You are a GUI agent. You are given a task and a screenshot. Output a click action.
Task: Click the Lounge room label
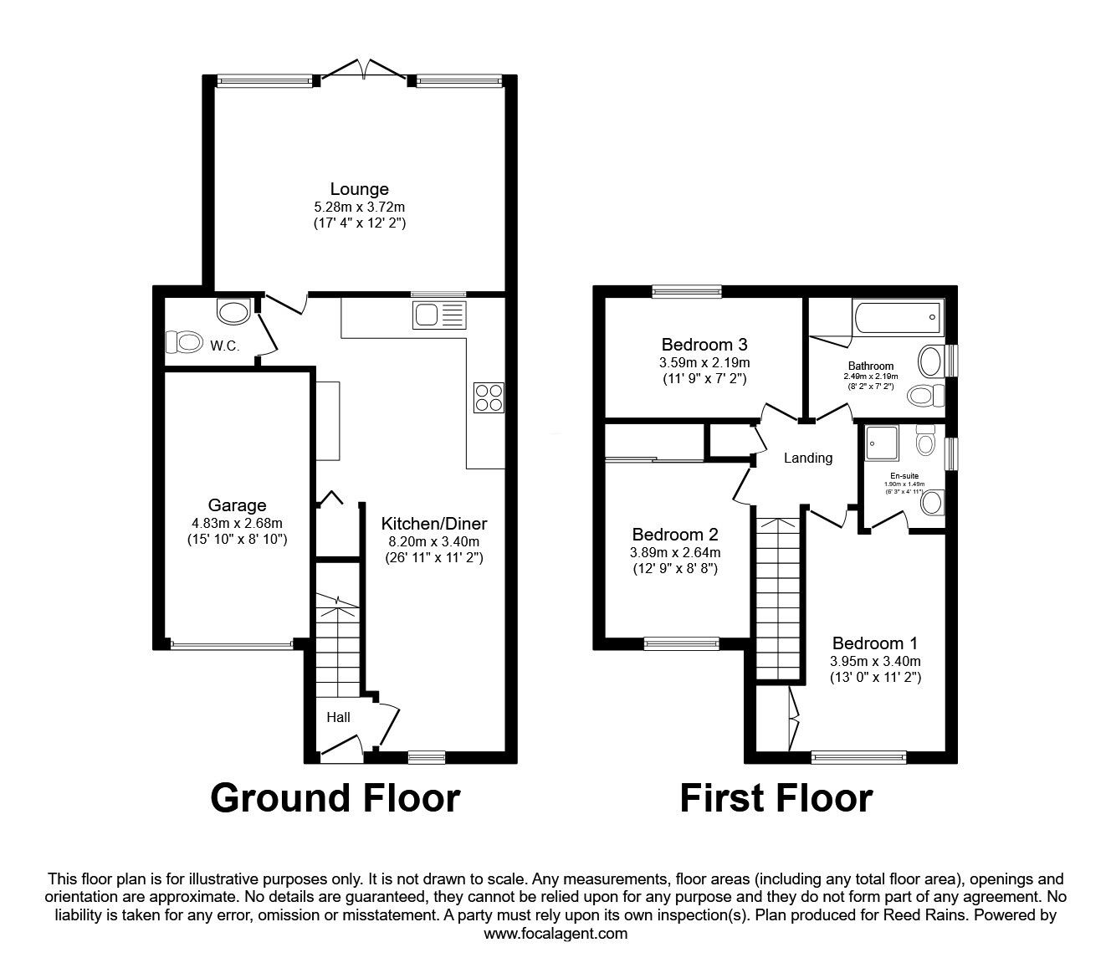[359, 189]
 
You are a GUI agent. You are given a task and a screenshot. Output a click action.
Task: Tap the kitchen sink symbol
[438, 315]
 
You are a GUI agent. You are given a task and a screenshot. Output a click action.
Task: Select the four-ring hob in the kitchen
[489, 397]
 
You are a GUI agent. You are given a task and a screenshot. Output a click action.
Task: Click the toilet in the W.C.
[185, 341]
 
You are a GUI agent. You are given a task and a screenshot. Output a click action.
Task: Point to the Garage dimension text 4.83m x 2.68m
[237, 523]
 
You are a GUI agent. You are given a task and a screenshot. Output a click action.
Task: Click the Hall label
[338, 717]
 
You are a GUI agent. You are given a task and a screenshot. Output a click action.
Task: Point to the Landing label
[807, 458]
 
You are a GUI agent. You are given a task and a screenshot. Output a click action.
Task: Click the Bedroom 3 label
[704, 344]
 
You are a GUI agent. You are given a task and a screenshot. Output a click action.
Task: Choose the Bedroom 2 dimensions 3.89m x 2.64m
[675, 552]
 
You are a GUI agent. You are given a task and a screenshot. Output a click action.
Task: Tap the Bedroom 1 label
[874, 643]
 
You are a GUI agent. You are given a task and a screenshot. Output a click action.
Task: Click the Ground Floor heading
[335, 797]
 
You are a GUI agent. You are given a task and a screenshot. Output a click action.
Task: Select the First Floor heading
[776, 797]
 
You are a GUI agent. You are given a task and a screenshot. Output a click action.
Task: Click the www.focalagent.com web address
[555, 933]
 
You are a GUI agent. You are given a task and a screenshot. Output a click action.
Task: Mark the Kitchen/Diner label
[433, 524]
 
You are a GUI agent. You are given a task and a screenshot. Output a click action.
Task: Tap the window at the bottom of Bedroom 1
[858, 757]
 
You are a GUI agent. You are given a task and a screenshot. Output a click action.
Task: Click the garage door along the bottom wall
[231, 644]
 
